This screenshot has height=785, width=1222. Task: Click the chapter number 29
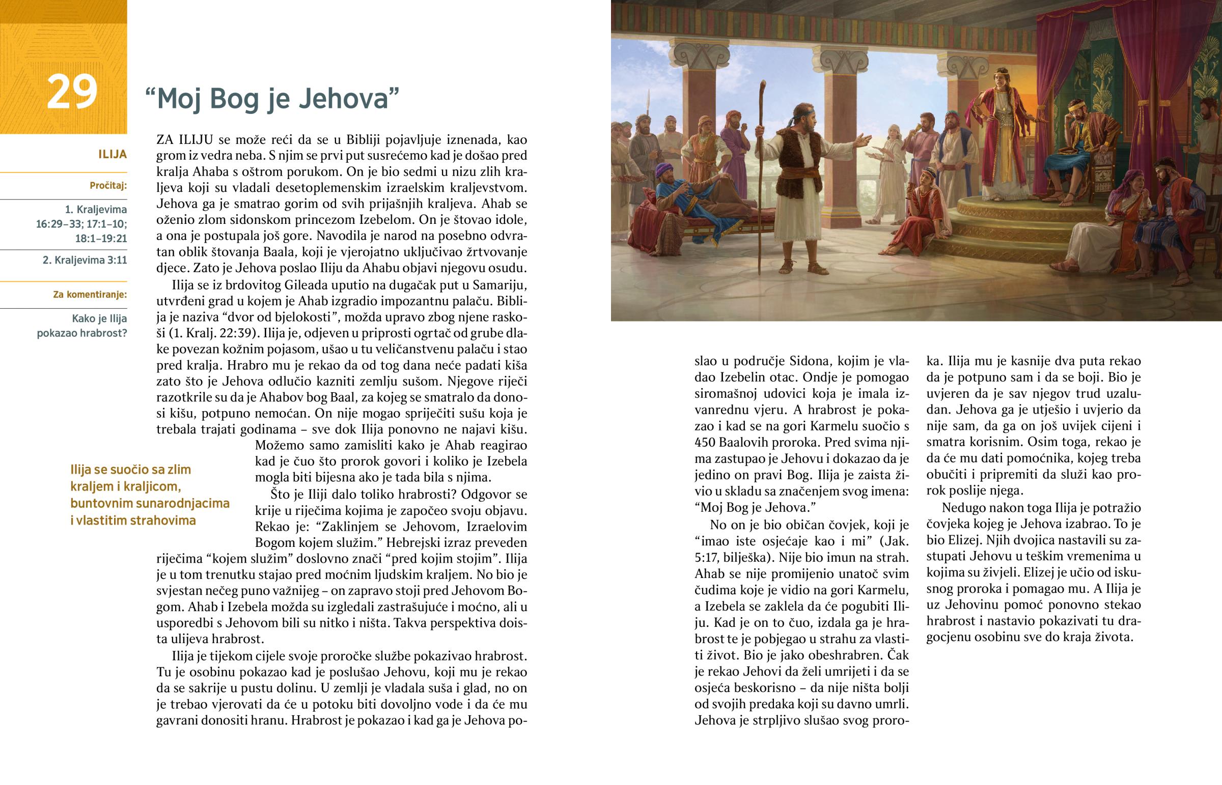click(x=72, y=92)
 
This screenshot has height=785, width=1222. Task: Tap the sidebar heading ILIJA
click(x=112, y=155)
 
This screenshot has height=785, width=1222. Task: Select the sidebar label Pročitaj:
click(x=108, y=186)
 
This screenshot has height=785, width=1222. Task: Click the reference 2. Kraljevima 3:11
click(x=85, y=260)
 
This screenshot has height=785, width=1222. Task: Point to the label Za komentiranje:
click(x=90, y=295)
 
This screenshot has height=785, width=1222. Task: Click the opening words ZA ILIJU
click(x=185, y=140)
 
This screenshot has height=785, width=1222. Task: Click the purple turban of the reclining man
click(x=662, y=169)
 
